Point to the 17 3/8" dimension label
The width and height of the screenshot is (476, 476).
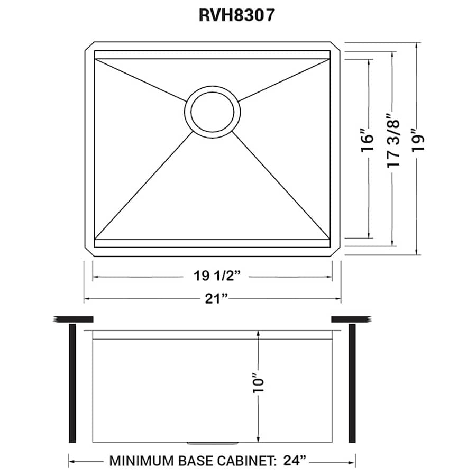(392, 142)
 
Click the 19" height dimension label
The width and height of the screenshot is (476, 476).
(417, 142)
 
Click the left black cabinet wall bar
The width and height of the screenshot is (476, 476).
(72, 383)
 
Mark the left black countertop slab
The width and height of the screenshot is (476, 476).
(74, 318)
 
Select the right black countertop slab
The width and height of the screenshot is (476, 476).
(350, 318)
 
